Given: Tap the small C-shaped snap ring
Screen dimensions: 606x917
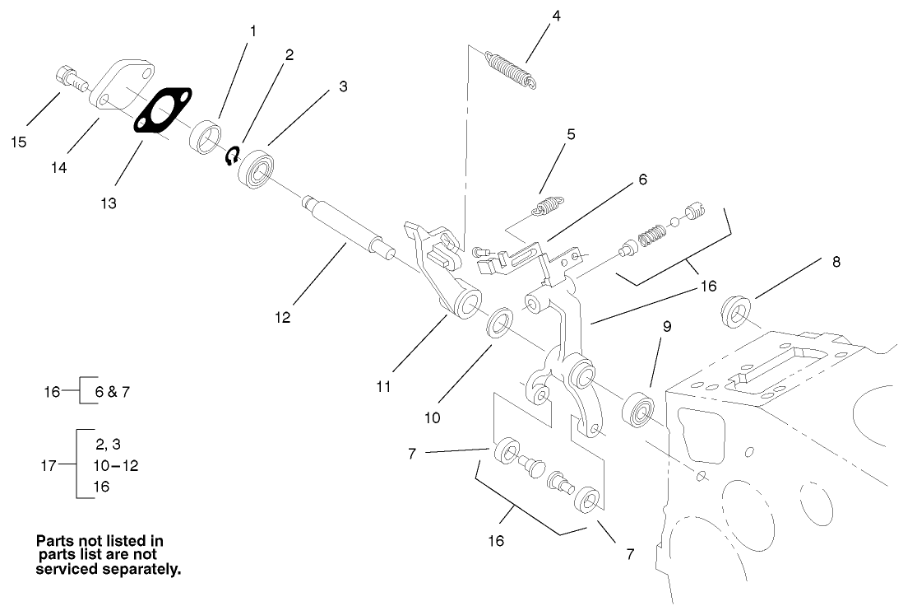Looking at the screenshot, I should [x=233, y=154].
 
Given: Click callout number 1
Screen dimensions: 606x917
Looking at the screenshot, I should [x=253, y=31].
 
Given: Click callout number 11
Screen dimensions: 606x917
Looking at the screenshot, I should [x=384, y=386].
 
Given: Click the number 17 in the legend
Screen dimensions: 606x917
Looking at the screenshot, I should [x=49, y=465].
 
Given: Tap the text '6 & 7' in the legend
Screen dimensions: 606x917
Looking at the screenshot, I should [x=113, y=392].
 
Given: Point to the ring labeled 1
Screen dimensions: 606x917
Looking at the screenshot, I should [x=205, y=136].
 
